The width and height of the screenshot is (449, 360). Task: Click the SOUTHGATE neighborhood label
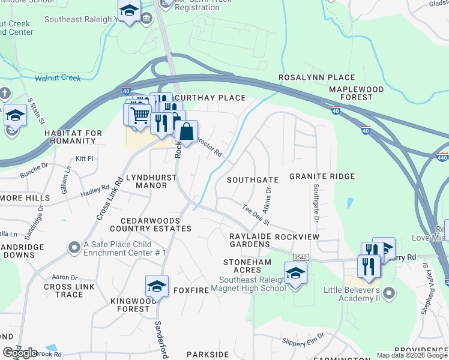coord(253,180)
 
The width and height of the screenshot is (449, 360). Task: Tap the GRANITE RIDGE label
coord(322,176)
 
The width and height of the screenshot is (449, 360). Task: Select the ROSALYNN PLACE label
coord(317,78)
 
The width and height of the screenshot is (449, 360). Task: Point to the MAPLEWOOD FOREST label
coord(356,93)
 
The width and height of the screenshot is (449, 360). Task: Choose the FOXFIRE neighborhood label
coord(190,290)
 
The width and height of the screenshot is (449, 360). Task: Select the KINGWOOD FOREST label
coord(133,305)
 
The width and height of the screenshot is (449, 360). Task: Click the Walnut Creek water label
coord(58,78)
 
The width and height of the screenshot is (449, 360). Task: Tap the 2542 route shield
coord(300,257)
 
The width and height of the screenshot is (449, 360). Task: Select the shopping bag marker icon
coord(186,131)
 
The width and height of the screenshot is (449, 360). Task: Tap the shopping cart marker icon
coord(140,113)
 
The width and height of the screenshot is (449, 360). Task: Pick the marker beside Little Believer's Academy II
coord(389,293)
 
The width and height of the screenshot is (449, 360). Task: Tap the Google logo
coord(20,353)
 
